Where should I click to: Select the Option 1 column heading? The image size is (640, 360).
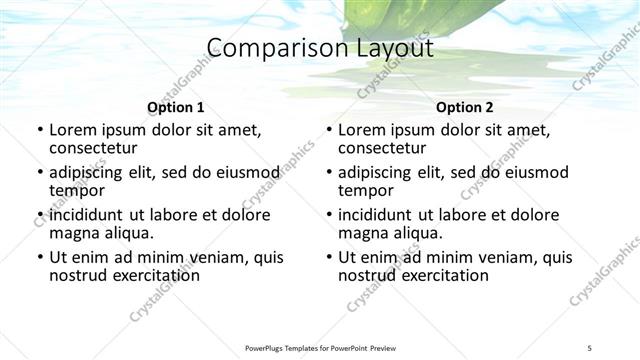click(176, 108)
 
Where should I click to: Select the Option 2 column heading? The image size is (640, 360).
click(464, 108)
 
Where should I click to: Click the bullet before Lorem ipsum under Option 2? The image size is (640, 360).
click(329, 131)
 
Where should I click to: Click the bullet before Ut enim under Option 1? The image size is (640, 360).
click(40, 258)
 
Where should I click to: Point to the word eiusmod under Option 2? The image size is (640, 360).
click(533, 172)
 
